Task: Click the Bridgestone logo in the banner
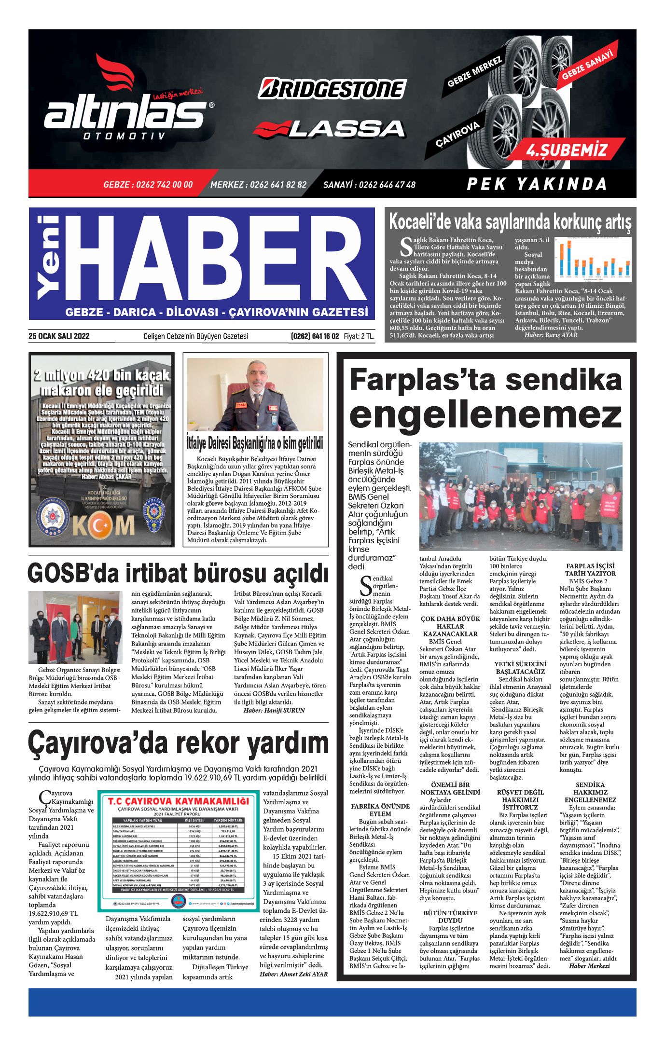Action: (332, 89)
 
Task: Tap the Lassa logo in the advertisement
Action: (329, 129)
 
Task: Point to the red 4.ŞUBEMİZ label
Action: (567, 150)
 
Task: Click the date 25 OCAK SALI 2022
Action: (59, 336)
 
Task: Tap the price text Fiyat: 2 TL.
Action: (359, 336)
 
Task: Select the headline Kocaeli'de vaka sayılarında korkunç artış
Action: (510, 222)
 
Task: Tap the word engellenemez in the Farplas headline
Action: (485, 414)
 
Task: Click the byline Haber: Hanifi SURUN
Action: (274, 710)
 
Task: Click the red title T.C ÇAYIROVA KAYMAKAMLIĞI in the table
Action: (179, 801)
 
